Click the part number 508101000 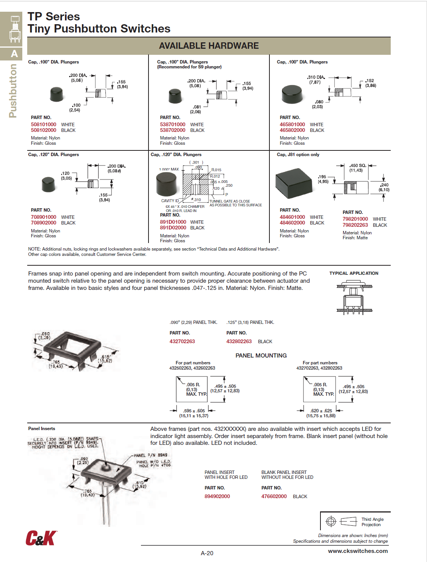click(43, 124)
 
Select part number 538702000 click(173, 130)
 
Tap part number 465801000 click(292, 124)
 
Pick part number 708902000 click(43, 223)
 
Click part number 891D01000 click(173, 222)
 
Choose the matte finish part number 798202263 click(355, 225)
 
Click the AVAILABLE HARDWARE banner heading click(209, 46)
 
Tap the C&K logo click(41, 538)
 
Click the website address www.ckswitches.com click(357, 551)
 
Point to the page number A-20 click(207, 553)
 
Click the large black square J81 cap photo click(294, 183)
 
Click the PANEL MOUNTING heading click(261, 355)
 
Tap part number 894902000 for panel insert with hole click(217, 496)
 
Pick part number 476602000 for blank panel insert click(274, 496)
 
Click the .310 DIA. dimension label click(316, 77)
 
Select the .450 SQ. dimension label click(357, 166)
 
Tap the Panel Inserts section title click(42, 429)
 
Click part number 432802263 click(239, 341)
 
